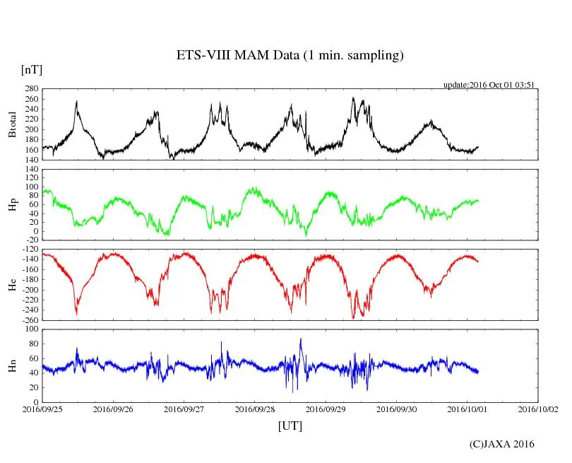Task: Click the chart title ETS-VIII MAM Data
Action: pos(290,56)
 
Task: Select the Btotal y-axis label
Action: pos(12,124)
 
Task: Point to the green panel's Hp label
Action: pos(12,204)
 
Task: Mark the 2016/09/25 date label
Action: pos(42,409)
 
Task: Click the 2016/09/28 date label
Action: pos(254,409)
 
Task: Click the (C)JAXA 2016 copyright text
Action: pos(501,444)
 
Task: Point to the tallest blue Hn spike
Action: pos(301,340)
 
